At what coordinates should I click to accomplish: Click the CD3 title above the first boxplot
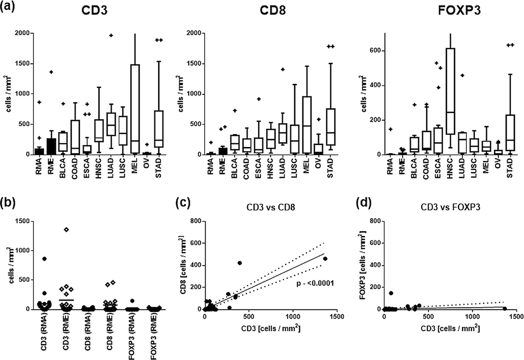click(x=94, y=11)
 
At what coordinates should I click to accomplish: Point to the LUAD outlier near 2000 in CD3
click(x=111, y=35)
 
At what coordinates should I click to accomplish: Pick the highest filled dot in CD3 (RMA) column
click(x=45, y=259)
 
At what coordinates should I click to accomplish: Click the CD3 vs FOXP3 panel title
click(x=450, y=207)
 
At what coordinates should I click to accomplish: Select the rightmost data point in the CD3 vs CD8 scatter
click(x=325, y=258)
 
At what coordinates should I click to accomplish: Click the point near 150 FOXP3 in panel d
click(x=391, y=293)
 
